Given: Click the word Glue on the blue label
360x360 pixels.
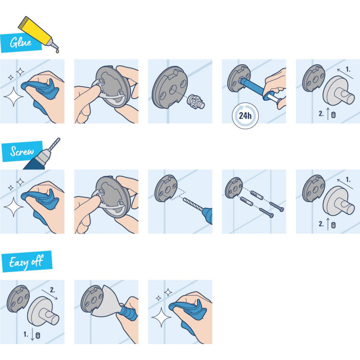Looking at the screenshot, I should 20,42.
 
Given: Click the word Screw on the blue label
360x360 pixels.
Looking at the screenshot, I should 23,152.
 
